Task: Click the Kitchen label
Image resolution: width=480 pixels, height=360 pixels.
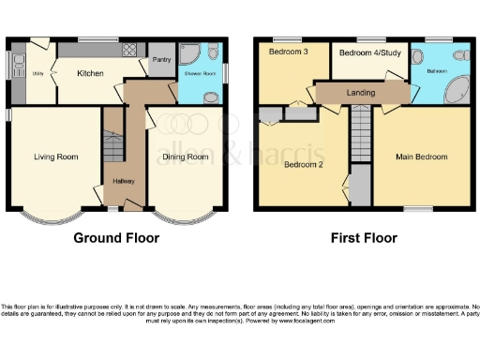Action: pyautogui.click(x=90, y=73)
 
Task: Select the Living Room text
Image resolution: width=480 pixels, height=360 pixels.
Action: pyautogui.click(x=55, y=157)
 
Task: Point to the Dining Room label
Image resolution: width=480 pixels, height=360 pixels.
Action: pyautogui.click(x=186, y=157)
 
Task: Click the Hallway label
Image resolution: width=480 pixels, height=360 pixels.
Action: pyautogui.click(x=123, y=180)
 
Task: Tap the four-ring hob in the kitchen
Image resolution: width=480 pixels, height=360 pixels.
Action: pyautogui.click(x=130, y=52)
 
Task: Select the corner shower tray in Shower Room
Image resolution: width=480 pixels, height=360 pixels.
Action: pyautogui.click(x=188, y=52)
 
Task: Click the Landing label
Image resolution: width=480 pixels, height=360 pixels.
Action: pyautogui.click(x=360, y=92)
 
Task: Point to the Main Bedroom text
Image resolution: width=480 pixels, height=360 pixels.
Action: pyautogui.click(x=421, y=157)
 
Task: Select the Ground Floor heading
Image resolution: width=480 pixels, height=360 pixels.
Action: pyautogui.click(x=116, y=238)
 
